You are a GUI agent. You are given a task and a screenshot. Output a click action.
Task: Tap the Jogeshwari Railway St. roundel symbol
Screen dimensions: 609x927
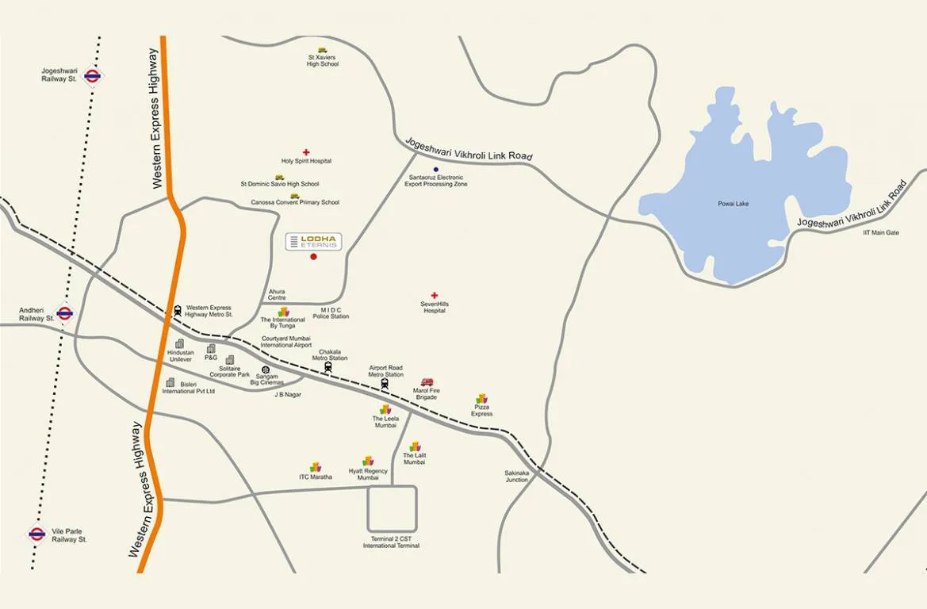tap(92, 76)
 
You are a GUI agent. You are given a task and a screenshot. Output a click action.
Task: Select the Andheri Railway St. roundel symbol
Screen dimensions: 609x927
tap(65, 312)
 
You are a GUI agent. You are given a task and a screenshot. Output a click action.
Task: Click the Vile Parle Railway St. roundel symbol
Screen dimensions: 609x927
tap(36, 534)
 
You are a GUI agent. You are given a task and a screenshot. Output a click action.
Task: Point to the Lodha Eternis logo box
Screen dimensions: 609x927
tap(313, 242)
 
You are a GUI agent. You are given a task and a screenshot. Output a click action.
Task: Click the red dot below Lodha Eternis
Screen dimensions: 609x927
tap(313, 257)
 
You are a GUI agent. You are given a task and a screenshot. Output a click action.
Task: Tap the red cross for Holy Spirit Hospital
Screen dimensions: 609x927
tap(306, 152)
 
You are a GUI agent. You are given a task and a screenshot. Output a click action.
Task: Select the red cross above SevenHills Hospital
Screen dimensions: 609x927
tap(434, 296)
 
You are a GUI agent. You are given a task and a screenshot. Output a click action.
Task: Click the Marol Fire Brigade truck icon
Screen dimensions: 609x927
tap(427, 382)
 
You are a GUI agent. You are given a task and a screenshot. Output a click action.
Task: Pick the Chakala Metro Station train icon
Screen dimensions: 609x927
tap(328, 366)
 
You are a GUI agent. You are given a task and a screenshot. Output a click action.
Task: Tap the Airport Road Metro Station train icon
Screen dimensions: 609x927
tap(385, 384)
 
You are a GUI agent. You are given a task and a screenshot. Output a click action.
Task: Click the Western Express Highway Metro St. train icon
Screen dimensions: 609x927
tap(178, 311)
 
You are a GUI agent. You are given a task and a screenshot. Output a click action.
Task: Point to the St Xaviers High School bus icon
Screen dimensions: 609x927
tap(323, 50)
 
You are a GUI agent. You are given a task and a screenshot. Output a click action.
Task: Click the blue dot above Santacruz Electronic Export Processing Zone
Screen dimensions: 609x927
tap(435, 170)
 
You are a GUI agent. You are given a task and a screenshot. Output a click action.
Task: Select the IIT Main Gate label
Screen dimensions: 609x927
tap(881, 232)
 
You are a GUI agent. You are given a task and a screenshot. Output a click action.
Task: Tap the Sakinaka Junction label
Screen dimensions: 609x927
tap(517, 476)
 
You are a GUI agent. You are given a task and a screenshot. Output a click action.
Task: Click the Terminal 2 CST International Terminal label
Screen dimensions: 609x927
tap(391, 542)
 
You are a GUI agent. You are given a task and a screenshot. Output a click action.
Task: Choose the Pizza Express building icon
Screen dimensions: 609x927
tap(481, 399)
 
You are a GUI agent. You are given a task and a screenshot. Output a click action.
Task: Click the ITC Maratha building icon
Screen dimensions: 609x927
tap(315, 467)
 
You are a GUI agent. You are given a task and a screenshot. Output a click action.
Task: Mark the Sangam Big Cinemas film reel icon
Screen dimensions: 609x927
tap(266, 370)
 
